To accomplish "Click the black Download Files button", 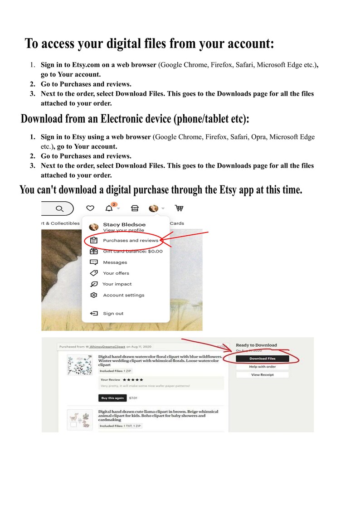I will click(x=262, y=359).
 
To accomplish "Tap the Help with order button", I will click(x=262, y=367).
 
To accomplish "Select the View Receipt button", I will click(x=262, y=375).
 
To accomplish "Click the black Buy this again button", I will click(x=112, y=398).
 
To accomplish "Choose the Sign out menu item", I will click(x=113, y=313).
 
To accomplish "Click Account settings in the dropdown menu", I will click(x=123, y=295).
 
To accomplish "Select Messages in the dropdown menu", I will click(x=115, y=262).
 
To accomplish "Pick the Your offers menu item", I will click(x=116, y=273).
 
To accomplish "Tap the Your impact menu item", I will click(x=117, y=284).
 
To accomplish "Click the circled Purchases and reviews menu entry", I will click(x=130, y=240).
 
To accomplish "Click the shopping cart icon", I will click(x=179, y=208).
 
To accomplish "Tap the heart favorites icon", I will click(x=90, y=208).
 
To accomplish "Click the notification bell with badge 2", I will click(x=109, y=208).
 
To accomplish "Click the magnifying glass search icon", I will click(x=59, y=208).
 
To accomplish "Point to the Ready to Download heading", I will click(x=256, y=345).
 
